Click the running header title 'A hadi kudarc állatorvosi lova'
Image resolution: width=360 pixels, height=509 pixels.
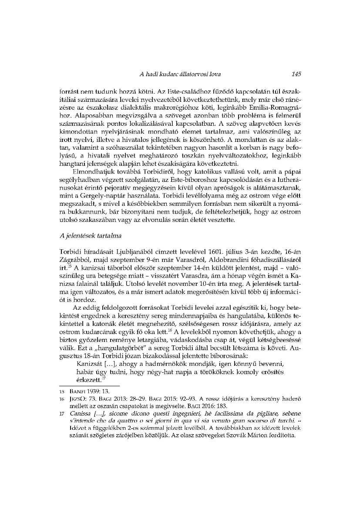coord(180,74)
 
